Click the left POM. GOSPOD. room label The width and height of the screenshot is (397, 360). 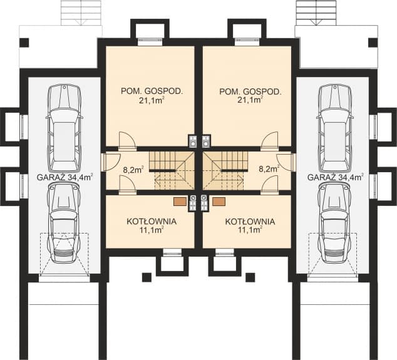click(152, 91)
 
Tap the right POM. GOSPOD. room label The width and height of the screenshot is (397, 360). click(250, 91)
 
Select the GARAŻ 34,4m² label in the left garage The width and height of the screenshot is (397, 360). click(64, 177)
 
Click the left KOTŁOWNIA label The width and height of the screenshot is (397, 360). click(151, 222)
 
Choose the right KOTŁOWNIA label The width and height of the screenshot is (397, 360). click(249, 222)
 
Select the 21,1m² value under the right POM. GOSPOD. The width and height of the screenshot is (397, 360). click(250, 99)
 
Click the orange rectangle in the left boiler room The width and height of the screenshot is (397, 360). click(179, 202)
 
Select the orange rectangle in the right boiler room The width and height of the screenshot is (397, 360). click(219, 202)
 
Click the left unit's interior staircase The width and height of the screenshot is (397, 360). click(172, 170)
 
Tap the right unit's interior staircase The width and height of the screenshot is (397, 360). click(227, 170)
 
